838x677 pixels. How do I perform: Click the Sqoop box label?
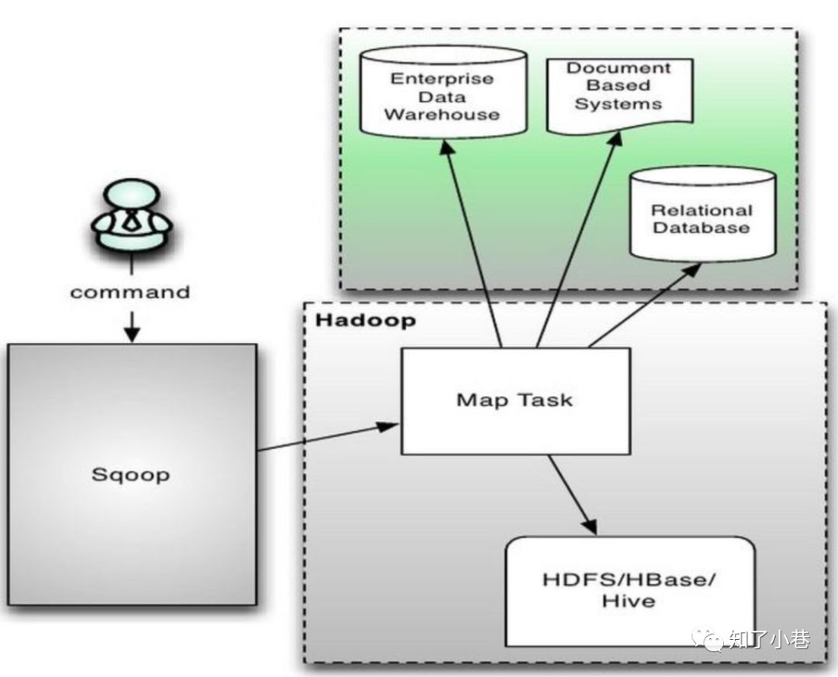(x=131, y=475)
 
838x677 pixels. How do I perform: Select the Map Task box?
(x=516, y=401)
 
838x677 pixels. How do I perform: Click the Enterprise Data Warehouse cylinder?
(x=443, y=93)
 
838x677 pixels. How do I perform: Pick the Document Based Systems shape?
(x=620, y=95)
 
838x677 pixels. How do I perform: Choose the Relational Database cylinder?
(x=703, y=215)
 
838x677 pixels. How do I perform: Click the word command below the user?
(x=130, y=292)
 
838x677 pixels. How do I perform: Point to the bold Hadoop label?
(x=365, y=320)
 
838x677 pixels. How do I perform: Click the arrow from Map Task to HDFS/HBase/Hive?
(x=572, y=494)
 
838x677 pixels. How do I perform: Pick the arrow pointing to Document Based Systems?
(x=579, y=240)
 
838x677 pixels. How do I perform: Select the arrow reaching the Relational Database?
(x=645, y=305)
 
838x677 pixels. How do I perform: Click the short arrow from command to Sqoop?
(x=132, y=326)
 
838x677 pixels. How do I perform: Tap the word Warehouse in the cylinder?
(x=442, y=115)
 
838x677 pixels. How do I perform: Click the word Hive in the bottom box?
(x=628, y=601)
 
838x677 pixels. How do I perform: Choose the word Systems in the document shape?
(x=618, y=103)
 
